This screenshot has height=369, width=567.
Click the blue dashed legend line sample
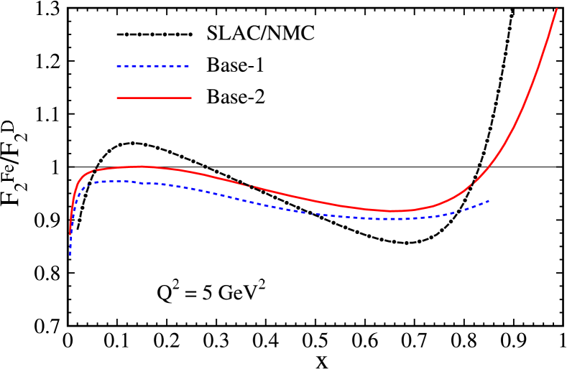click(x=153, y=66)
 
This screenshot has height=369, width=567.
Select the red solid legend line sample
click(x=154, y=98)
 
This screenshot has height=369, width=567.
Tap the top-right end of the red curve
click(x=557, y=9)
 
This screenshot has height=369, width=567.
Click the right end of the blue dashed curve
click(x=489, y=200)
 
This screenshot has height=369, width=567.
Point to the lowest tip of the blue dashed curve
click(x=70, y=254)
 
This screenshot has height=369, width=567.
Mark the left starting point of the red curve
click(x=70, y=233)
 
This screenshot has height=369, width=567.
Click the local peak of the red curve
click(x=140, y=166)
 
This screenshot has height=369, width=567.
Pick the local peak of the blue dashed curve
click(x=115, y=181)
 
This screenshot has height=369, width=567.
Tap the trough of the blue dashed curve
click(x=395, y=219)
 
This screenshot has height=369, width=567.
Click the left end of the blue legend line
click(x=117, y=66)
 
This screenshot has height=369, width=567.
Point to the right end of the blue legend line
click(x=190, y=66)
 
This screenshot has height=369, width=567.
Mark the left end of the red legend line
click(x=117, y=98)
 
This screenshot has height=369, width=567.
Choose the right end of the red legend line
click(x=191, y=98)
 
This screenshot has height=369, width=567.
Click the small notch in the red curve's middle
click(x=250, y=186)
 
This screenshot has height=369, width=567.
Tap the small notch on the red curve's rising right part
click(x=472, y=184)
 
